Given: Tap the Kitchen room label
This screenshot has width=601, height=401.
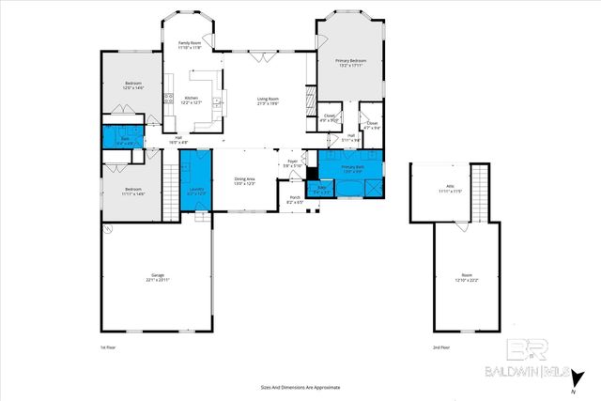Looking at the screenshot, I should click(191, 100).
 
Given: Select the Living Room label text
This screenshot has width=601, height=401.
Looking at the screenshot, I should click(268, 100).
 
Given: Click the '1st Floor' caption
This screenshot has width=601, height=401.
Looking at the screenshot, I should click(108, 347).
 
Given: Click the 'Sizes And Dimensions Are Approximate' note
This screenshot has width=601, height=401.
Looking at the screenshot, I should click(300, 387).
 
